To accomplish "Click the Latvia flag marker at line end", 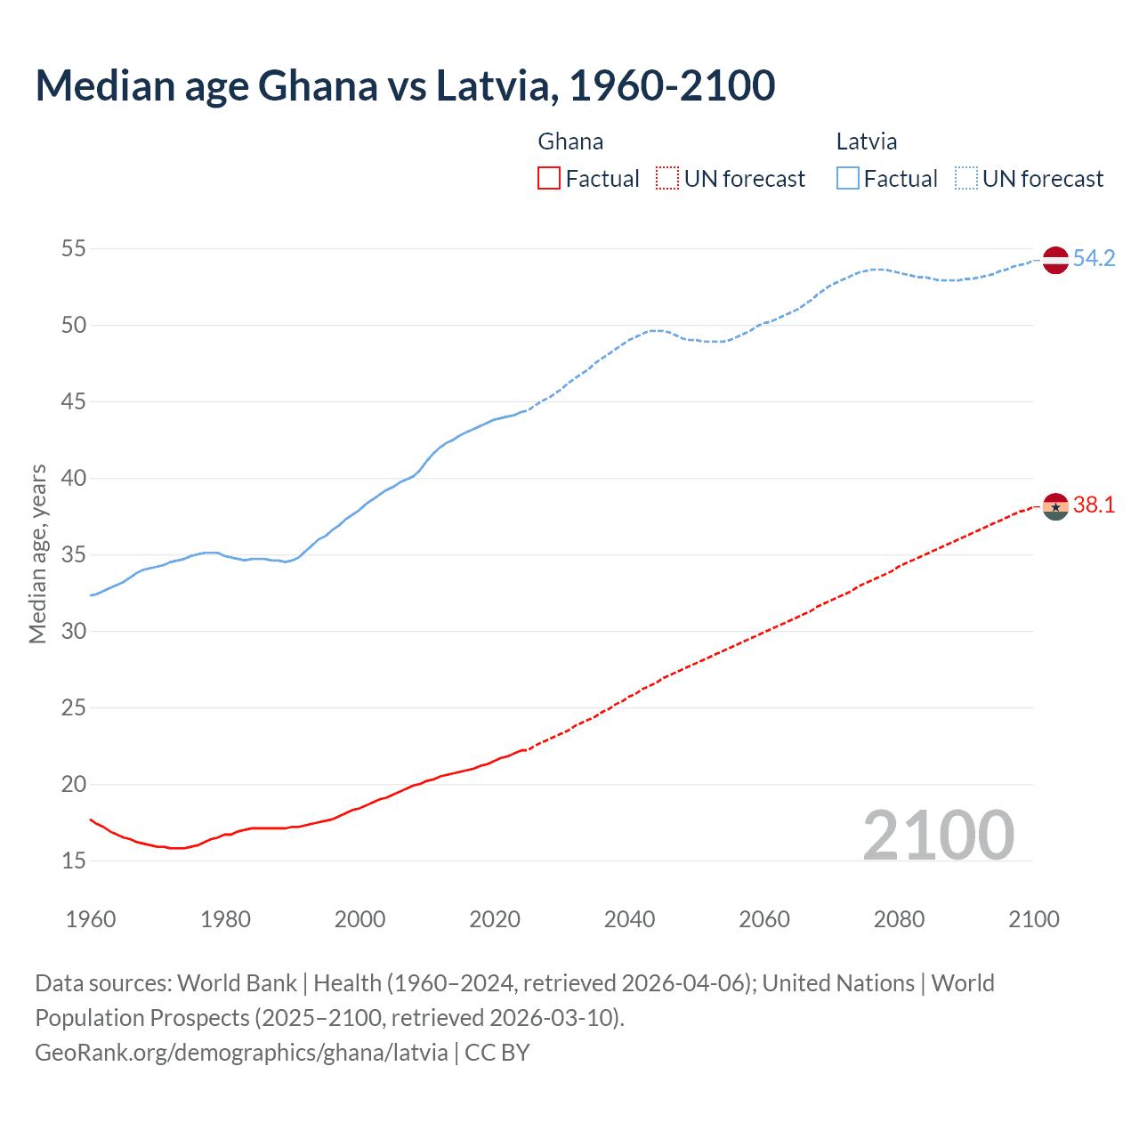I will click(1055, 260).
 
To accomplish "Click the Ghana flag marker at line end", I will click(1055, 506).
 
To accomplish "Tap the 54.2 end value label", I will click(1094, 259).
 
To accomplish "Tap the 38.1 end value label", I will click(1094, 505).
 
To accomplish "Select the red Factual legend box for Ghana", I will click(549, 179).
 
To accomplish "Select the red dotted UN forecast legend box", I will click(667, 179).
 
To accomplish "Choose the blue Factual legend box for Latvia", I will click(847, 179).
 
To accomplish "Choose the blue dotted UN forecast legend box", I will click(965, 179).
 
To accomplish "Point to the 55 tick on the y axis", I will click(74, 249).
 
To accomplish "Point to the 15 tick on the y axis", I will click(74, 861).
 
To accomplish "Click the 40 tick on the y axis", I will click(74, 479).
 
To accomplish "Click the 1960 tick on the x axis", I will click(91, 919).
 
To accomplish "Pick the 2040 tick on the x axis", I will click(629, 919).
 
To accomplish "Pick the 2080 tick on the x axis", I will click(899, 919).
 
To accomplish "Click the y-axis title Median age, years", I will click(37, 553).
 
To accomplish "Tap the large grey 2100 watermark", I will click(939, 835).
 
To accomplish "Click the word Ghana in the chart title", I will click(318, 85).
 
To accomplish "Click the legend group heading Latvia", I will click(866, 141).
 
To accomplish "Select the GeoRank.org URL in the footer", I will click(241, 1053).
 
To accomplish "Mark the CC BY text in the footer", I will click(497, 1053).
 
